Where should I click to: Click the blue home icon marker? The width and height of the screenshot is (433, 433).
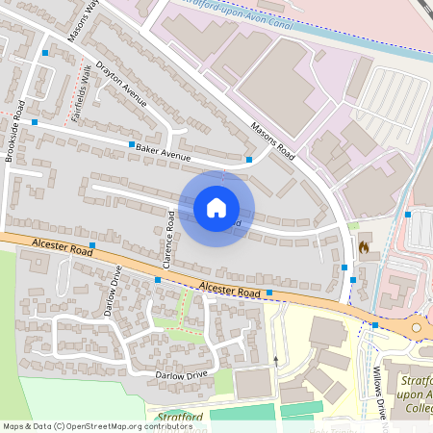click(216, 208)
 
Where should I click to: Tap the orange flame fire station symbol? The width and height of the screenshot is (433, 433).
click(364, 247)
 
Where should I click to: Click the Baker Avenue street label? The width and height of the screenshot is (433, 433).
click(165, 151)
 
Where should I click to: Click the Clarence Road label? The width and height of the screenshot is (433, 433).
click(167, 236)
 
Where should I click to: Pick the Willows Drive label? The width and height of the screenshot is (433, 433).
click(380, 391)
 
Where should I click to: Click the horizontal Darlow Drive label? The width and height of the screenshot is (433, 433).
click(174, 373)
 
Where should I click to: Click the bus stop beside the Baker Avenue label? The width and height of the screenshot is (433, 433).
click(132, 144)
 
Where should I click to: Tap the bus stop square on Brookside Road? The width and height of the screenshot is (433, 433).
click(35, 122)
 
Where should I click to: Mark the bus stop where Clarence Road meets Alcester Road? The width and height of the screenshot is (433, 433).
click(158, 279)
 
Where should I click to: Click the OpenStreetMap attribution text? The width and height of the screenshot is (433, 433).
click(96, 425)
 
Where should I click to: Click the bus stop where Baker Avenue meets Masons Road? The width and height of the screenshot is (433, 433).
click(249, 159)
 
